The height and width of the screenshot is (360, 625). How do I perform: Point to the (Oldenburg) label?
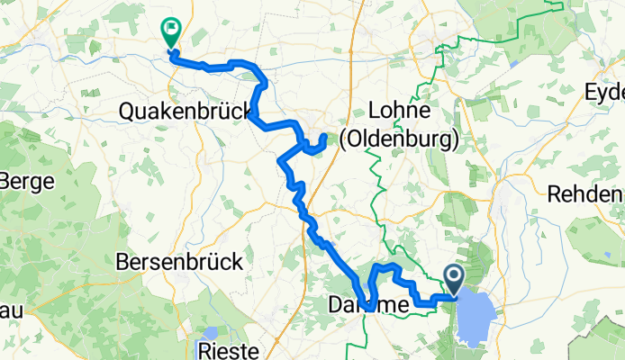[x=399, y=139]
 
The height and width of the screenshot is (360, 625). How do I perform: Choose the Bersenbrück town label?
[x=180, y=262]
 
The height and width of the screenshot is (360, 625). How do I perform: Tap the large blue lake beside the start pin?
[x=476, y=319]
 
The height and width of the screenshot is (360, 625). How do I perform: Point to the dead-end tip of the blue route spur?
[x=325, y=136]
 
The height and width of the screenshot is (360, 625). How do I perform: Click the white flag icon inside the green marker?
[x=169, y=29]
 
